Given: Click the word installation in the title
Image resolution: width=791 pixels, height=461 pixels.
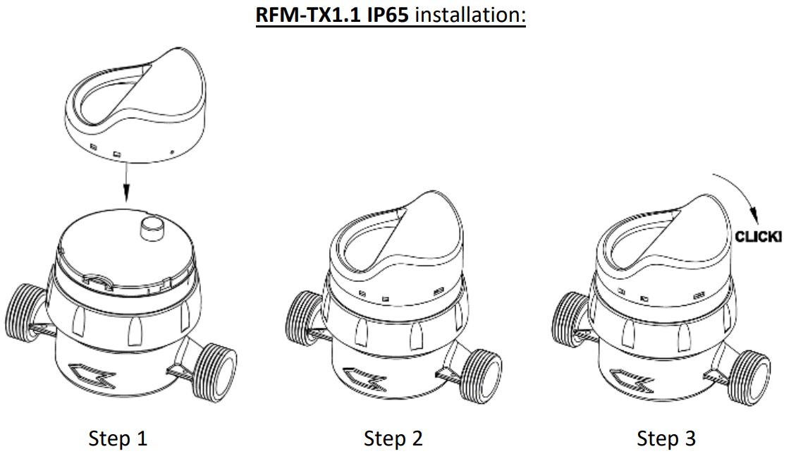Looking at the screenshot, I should click(x=470, y=15).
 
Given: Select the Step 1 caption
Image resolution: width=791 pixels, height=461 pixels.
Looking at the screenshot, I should click(x=118, y=438).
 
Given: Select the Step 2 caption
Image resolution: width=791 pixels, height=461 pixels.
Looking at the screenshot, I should click(x=393, y=438).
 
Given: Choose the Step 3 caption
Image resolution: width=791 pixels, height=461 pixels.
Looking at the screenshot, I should click(x=666, y=438).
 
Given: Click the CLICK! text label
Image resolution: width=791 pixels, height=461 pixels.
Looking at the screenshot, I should click(x=759, y=237).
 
